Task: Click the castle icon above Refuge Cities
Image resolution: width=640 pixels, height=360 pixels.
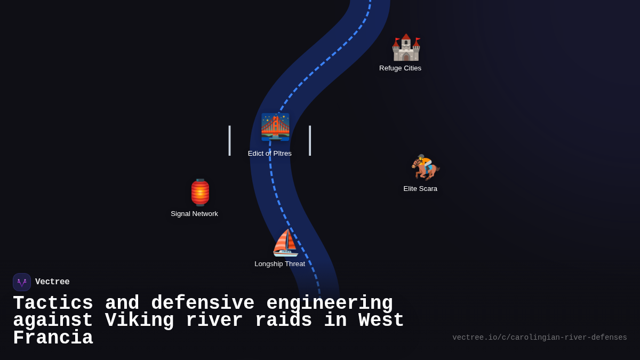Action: click(x=406, y=48)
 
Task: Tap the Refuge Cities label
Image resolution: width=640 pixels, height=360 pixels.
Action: click(x=400, y=68)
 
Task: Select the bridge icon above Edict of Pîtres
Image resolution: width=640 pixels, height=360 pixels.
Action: click(x=275, y=127)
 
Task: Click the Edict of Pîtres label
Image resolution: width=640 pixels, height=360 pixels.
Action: click(x=270, y=154)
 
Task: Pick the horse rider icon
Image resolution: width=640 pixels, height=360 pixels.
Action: click(x=425, y=167)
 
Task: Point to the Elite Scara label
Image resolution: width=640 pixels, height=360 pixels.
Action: click(x=420, y=189)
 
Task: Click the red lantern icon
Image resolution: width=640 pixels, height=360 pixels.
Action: click(x=200, y=193)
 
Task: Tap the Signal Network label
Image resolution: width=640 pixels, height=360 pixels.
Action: click(x=194, y=214)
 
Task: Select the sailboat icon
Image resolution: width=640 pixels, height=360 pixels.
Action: click(x=285, y=243)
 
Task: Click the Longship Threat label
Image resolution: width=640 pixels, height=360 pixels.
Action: click(x=279, y=264)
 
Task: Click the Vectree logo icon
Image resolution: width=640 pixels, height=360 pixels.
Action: click(x=22, y=282)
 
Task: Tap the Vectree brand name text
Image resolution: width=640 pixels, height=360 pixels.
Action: click(x=52, y=282)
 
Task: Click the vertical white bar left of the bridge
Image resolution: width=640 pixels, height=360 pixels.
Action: click(x=229, y=141)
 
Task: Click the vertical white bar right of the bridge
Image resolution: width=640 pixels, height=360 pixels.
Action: click(x=310, y=141)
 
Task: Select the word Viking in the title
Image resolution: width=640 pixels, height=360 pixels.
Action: click(x=139, y=321)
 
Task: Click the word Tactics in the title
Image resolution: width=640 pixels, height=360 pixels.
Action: click(x=53, y=303)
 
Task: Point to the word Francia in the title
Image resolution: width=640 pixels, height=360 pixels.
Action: click(x=53, y=339)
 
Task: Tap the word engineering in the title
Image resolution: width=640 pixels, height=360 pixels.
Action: click(x=329, y=303)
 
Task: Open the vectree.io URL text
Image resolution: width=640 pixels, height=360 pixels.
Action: click(x=539, y=338)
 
